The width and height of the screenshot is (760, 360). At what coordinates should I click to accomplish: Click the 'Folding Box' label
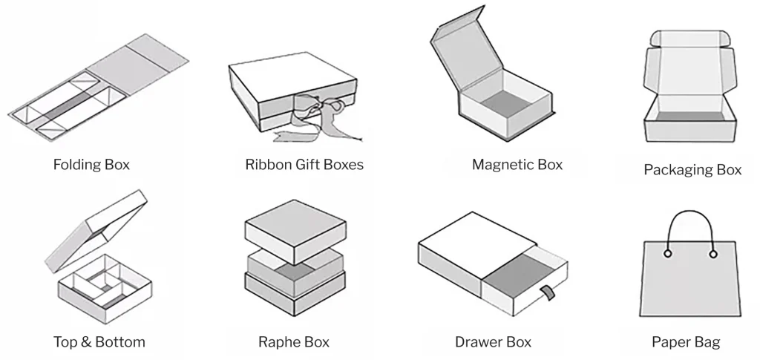pos(91,164)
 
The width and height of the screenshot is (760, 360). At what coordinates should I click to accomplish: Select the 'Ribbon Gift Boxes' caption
pos(304,164)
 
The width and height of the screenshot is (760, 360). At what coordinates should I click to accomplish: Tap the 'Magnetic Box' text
pos(517,164)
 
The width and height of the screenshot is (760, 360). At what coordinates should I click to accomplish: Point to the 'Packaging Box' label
pos(692,170)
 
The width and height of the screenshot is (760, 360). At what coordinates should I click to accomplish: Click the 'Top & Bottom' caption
pos(99,342)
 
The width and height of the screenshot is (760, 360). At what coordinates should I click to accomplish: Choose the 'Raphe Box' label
pos(294,342)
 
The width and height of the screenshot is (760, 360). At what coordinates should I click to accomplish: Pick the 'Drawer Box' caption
pos(493,342)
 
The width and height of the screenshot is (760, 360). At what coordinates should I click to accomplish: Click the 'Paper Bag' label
pos(686,342)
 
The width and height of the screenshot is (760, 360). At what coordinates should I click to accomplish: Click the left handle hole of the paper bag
pos(667,254)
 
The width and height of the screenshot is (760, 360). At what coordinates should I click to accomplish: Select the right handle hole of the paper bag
pos(713,254)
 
